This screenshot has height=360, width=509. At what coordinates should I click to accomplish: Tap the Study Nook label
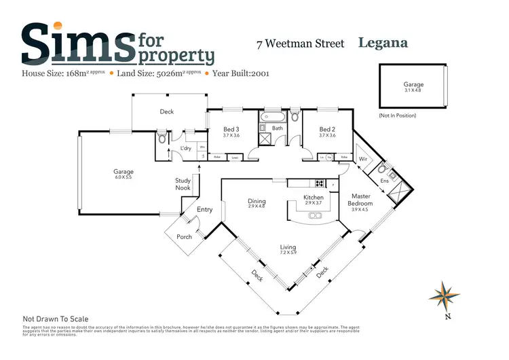tap(183, 184)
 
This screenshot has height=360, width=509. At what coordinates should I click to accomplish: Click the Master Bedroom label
tap(360, 200)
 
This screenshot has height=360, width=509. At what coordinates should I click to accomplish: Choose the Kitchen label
tap(313, 199)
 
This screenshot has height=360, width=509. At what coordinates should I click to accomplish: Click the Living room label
tap(288, 250)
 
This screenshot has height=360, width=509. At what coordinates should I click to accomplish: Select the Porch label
tap(184, 236)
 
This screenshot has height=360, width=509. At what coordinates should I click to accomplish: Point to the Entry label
tap(204, 210)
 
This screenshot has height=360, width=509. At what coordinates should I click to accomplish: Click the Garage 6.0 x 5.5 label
tap(124, 175)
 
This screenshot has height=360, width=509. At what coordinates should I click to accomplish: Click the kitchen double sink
tap(316, 216)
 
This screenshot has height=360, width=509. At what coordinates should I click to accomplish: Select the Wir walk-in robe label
tap(362, 160)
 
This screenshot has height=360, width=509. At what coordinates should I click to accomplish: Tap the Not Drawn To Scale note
tap(56, 319)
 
